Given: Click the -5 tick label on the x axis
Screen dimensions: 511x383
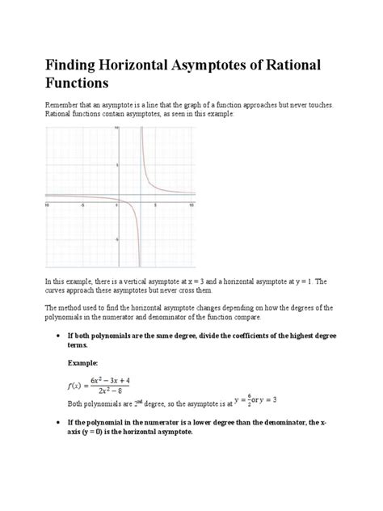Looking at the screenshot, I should (82, 205).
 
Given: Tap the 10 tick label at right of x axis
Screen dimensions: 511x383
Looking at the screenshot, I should (191, 205).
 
